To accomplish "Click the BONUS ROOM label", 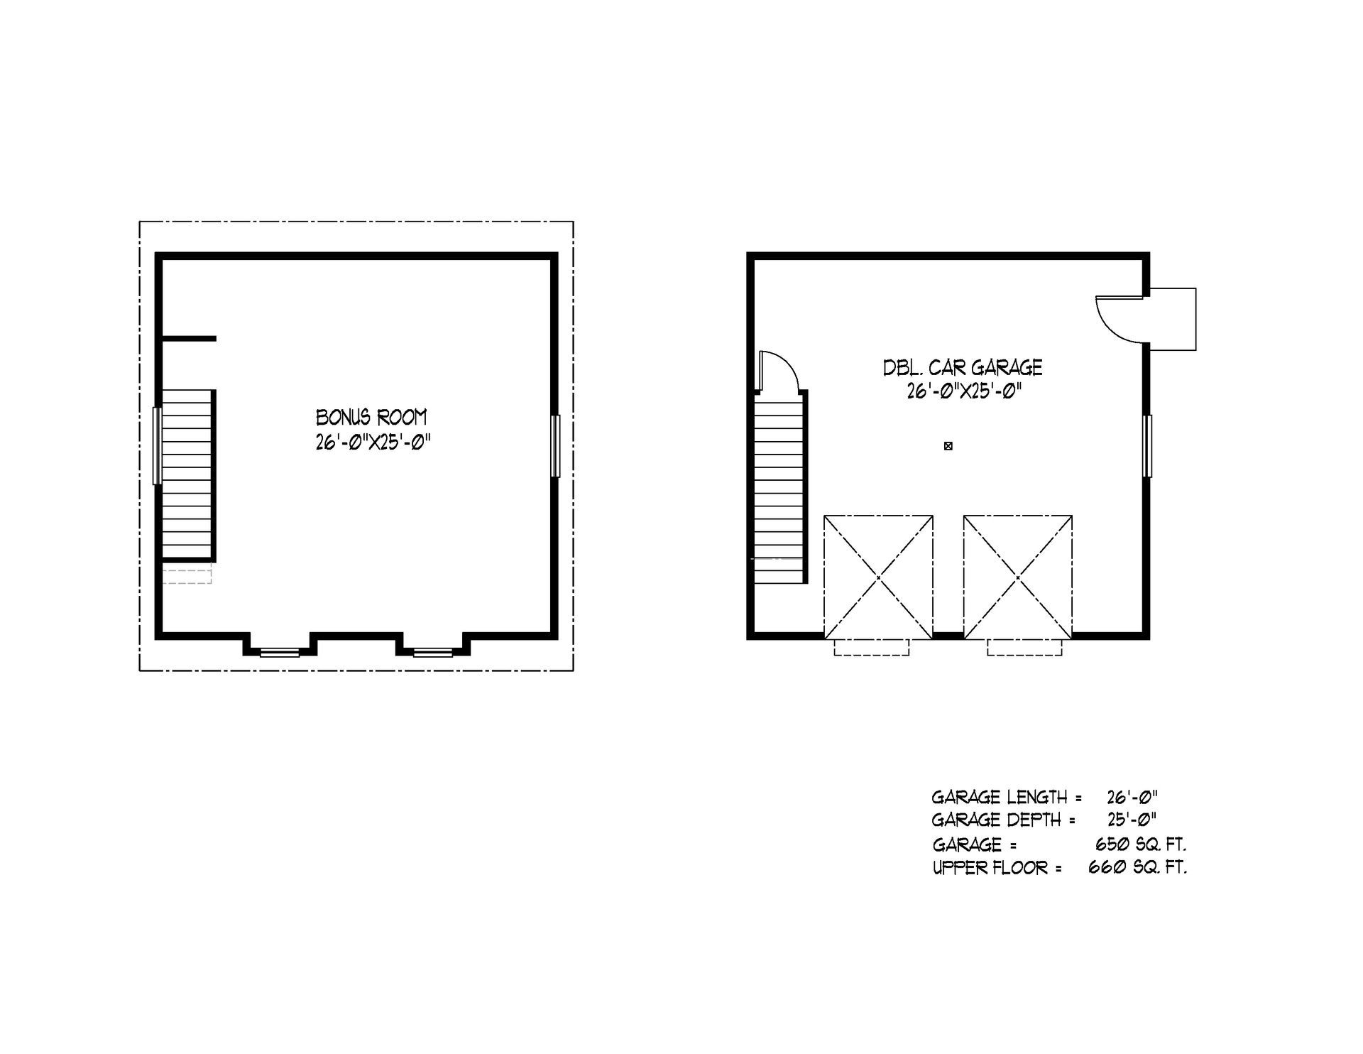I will click(371, 417).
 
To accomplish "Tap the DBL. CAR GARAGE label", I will click(963, 367).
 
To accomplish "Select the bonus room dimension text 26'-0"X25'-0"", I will click(373, 443).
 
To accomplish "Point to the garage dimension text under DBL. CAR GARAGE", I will click(963, 391).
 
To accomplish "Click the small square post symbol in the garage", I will click(948, 446).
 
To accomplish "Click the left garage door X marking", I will click(878, 577).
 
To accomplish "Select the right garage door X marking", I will click(1017, 577).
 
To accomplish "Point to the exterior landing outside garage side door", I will click(1173, 319).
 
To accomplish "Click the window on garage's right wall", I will click(1147, 446).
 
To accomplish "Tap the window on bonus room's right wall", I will click(556, 446).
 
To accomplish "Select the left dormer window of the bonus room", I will click(280, 652).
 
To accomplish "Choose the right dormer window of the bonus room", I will click(433, 652).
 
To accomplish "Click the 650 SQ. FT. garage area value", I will click(1142, 844).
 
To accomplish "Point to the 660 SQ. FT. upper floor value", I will click(1137, 867).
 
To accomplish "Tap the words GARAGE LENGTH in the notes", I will click(1000, 797).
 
